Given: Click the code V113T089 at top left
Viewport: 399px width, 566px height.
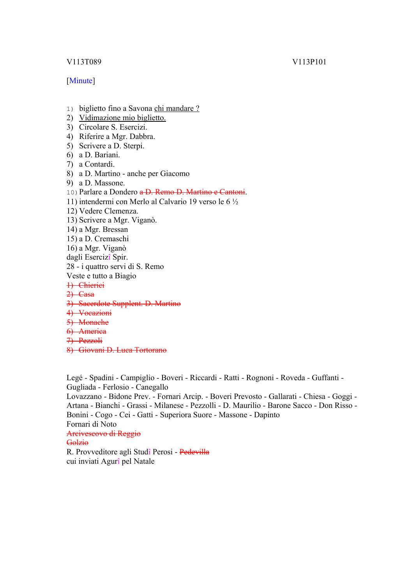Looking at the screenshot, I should click(x=84, y=62).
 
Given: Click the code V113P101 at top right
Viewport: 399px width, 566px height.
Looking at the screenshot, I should click(x=309, y=62).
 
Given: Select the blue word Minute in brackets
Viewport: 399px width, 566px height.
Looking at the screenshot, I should click(x=81, y=81).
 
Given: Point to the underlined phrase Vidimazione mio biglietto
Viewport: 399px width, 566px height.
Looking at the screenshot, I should click(x=122, y=118).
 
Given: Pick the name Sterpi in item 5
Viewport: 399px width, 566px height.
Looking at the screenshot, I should click(x=133, y=146).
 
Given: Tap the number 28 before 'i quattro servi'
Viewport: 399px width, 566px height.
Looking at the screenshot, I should click(x=71, y=267).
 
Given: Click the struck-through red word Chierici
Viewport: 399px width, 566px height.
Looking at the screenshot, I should click(x=91, y=285).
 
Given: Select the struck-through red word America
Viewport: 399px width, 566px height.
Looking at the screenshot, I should click(x=92, y=331).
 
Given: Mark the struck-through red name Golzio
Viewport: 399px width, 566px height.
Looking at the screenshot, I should click(x=78, y=443).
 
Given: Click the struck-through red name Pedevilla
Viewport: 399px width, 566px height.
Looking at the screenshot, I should click(x=194, y=452).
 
